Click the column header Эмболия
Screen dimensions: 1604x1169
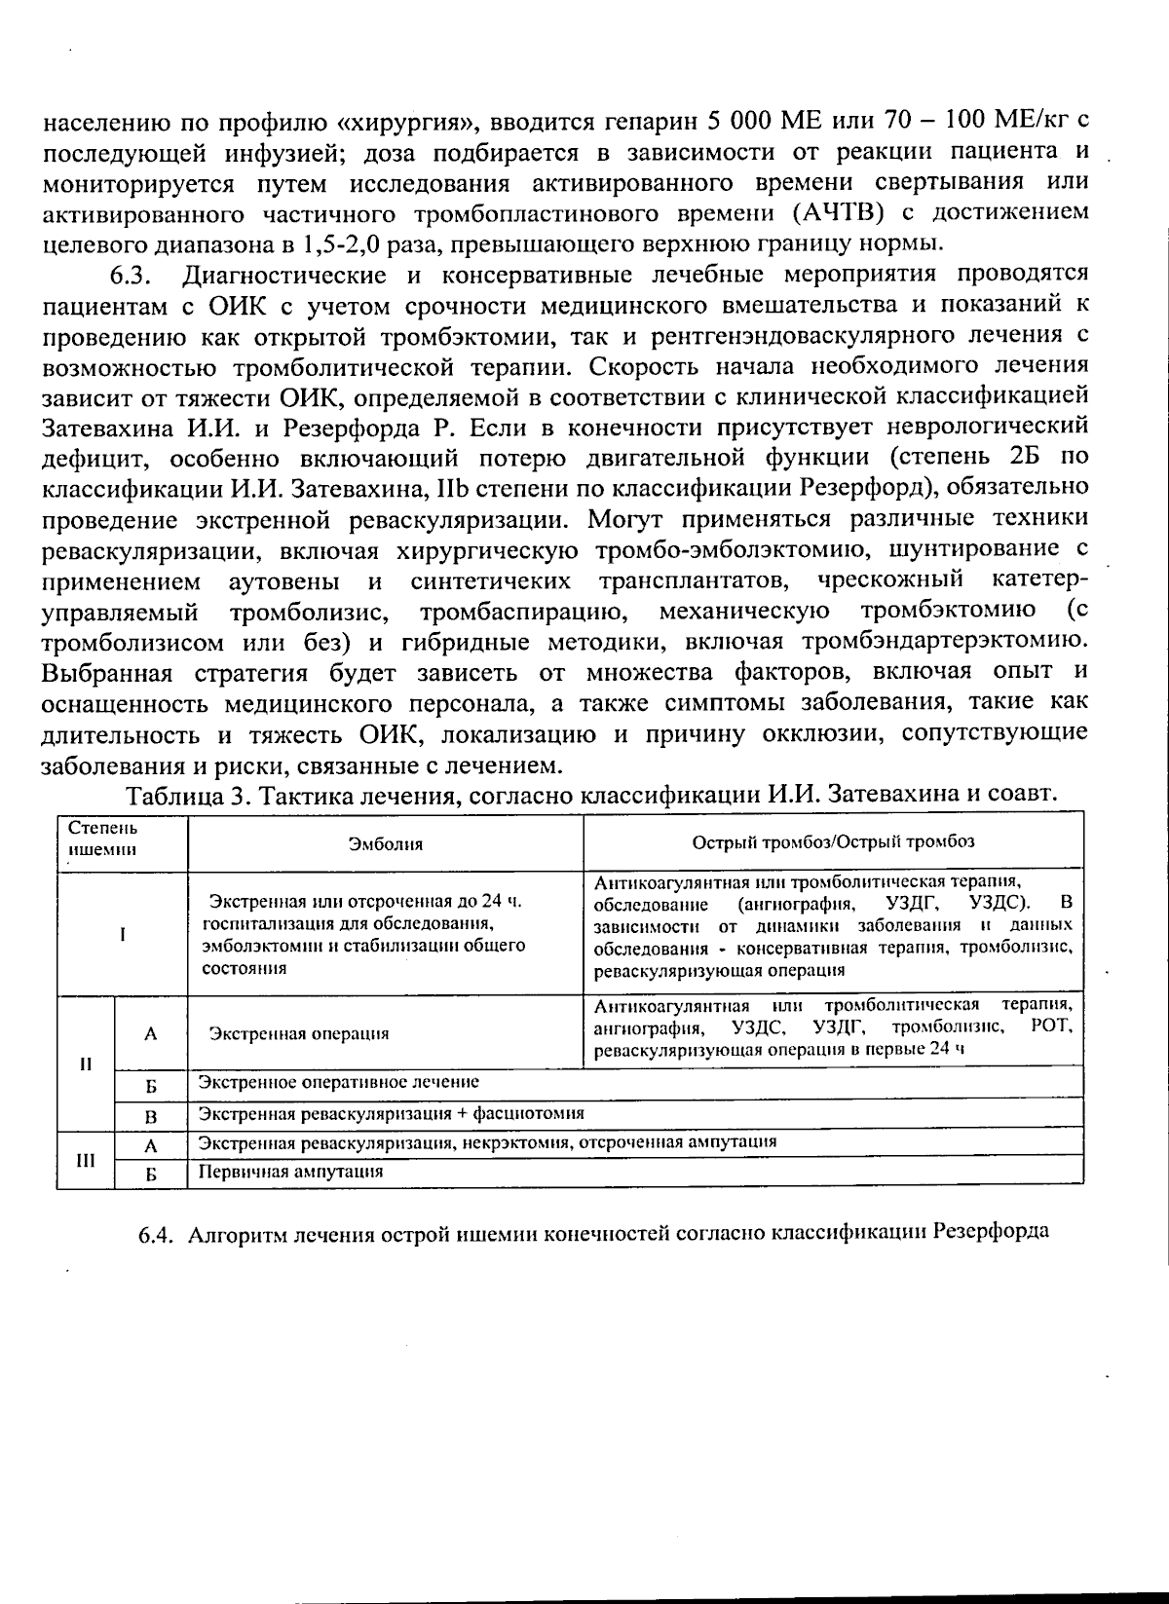point(386,843)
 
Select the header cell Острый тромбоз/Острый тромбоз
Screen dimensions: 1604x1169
point(833,842)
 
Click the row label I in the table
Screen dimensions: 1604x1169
point(122,933)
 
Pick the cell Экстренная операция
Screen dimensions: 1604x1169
point(299,1033)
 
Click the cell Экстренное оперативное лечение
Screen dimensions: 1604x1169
point(339,1082)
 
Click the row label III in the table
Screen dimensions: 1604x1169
point(86,1160)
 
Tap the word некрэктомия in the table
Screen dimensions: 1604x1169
point(526,1141)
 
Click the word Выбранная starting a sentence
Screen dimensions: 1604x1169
point(106,672)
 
